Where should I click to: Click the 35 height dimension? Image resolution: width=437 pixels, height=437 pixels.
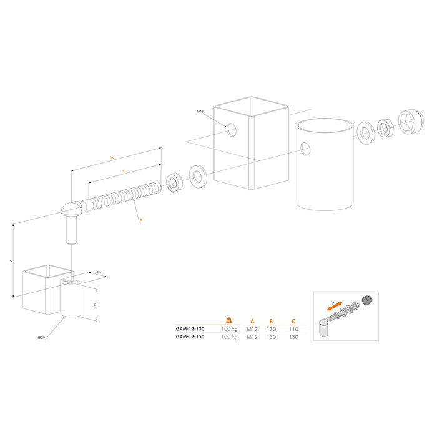tap(94, 304)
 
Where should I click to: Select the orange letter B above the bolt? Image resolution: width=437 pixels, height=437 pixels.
tap(111, 159)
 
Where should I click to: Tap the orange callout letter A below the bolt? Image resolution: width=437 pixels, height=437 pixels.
tap(140, 220)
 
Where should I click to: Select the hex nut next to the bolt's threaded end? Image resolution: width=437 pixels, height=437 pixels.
tap(172, 182)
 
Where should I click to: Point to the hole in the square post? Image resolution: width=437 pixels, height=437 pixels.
tap(232, 130)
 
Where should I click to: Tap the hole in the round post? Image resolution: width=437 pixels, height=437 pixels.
tap(305, 148)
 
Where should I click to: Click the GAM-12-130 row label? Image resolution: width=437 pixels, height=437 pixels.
tap(190, 328)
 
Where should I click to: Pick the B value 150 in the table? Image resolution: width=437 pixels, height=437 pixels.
tap(271, 337)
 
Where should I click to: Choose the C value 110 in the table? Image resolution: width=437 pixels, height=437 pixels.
tap(293, 328)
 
